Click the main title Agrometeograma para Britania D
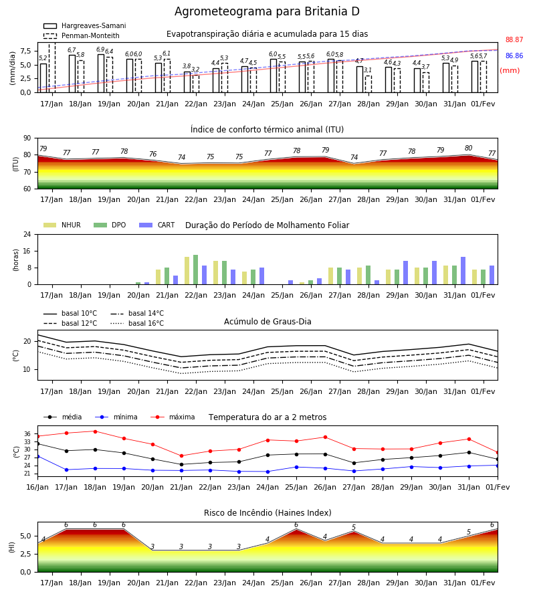(267, 11)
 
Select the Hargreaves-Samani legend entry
(84, 25)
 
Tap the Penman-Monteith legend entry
(82, 35)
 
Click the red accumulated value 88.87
(514, 39)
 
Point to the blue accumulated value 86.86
(514, 56)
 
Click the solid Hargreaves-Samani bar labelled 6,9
(101, 74)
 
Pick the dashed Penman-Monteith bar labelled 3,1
(368, 84)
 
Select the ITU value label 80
(468, 148)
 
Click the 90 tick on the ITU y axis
(27, 138)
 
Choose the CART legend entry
(156, 225)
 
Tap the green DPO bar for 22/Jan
(196, 270)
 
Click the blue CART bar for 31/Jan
(463, 271)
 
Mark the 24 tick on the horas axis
(27, 234)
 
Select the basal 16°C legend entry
(137, 323)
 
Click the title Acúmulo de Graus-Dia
(267, 322)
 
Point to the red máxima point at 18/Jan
(95, 431)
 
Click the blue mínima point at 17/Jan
(66, 470)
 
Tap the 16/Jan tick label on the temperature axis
(37, 487)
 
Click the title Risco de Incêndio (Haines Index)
(267, 513)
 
